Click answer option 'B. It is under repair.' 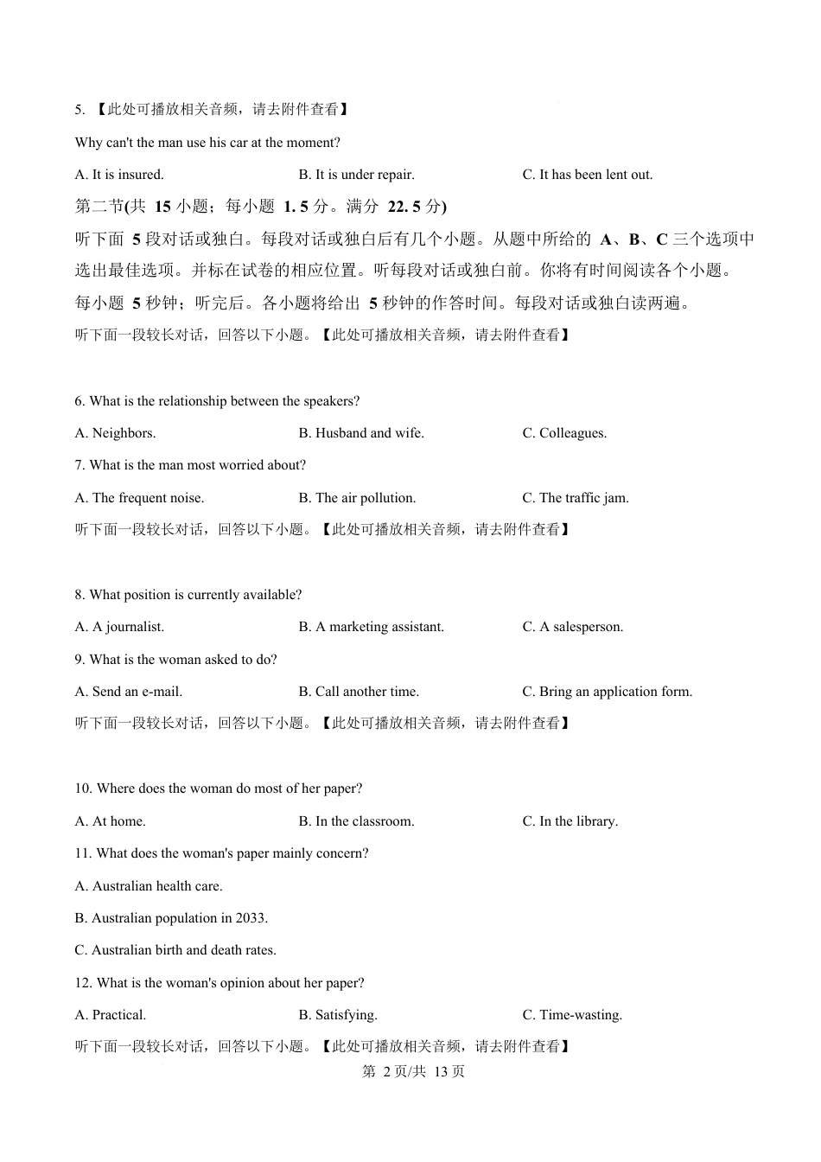coord(356,175)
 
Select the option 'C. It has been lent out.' coord(587,175)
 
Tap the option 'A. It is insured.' coord(119,175)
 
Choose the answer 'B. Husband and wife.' coord(361,433)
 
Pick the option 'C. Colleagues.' coord(564,433)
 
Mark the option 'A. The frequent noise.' coord(139,498)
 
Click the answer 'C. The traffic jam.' coord(576,498)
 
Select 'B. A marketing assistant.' coord(371,627)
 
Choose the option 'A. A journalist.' coord(119,627)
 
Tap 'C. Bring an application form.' coord(607,692)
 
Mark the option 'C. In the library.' coord(570,821)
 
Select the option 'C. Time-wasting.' coord(572,1015)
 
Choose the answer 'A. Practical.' coord(111,1015)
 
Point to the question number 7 coord(80,465)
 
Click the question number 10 coord(83,788)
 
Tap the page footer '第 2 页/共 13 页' coord(413,1071)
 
